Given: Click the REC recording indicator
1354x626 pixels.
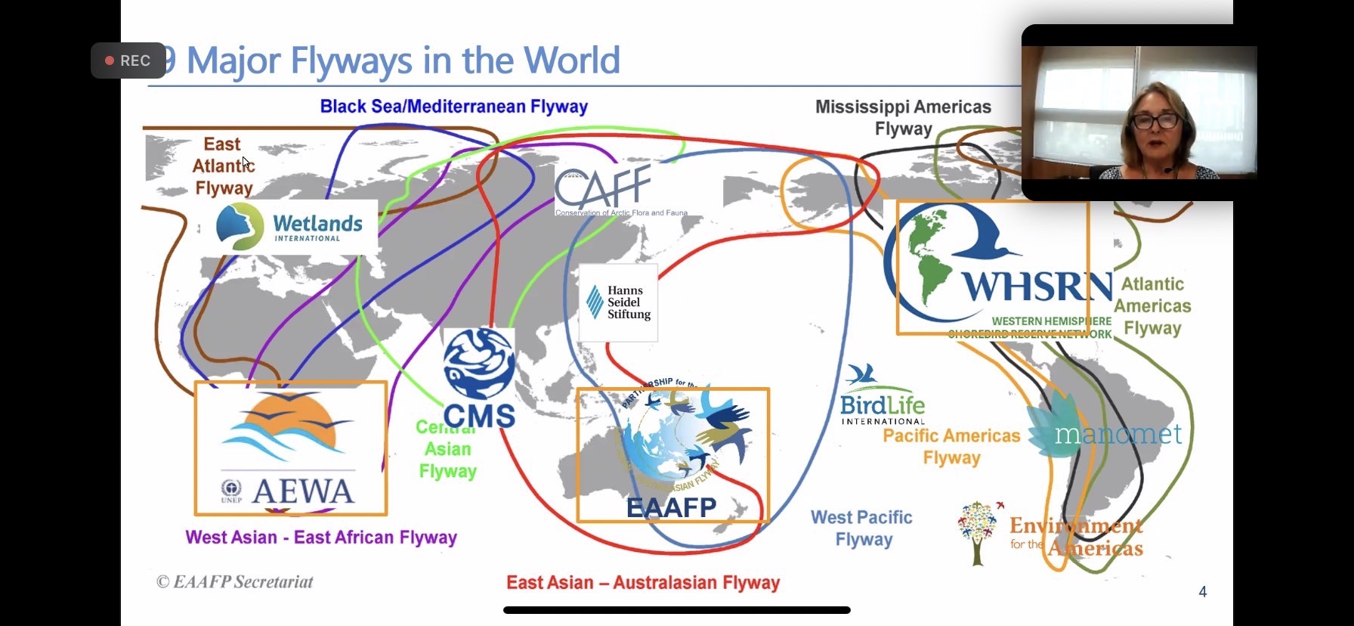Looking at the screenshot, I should pos(128,60).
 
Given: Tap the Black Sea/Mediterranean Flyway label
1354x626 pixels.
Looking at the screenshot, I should pos(453,107).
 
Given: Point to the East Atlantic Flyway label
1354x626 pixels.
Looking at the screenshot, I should pos(223,166).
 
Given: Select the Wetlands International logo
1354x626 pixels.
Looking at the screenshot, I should pos(289,226).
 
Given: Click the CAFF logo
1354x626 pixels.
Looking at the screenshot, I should pos(604,189).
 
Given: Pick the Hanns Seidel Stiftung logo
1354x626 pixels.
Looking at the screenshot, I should pos(618,302).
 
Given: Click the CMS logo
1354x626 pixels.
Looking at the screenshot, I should pos(479,378).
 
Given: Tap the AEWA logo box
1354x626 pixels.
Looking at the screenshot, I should pos(291,448).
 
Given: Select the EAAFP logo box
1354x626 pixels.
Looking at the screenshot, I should pos(672,455).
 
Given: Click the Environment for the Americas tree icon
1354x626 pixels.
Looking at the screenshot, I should pos(978,532).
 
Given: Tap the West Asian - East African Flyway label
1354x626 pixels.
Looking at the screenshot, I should pos(321,538).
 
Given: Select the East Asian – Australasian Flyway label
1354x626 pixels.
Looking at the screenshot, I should pos(643,583).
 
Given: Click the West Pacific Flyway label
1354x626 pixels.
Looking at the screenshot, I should pos(862,528).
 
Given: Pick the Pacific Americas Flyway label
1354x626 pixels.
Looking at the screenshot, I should pos(951,447).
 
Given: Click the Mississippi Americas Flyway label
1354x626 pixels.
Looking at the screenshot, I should pos(903,117).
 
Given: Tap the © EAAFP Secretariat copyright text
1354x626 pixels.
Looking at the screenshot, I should pos(234,581).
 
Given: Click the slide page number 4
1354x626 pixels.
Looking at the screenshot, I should pos(1203,592).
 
